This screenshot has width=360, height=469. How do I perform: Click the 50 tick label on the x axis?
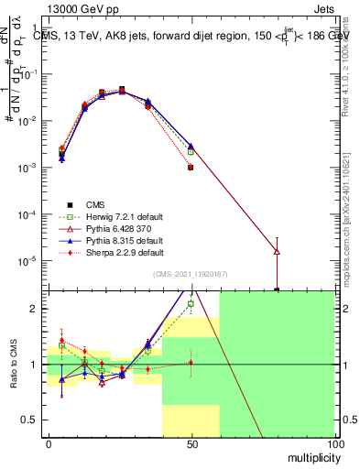[x=191, y=444]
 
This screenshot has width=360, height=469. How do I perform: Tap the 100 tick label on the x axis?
[x=334, y=444]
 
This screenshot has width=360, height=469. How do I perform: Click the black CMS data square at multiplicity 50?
[x=191, y=168]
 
